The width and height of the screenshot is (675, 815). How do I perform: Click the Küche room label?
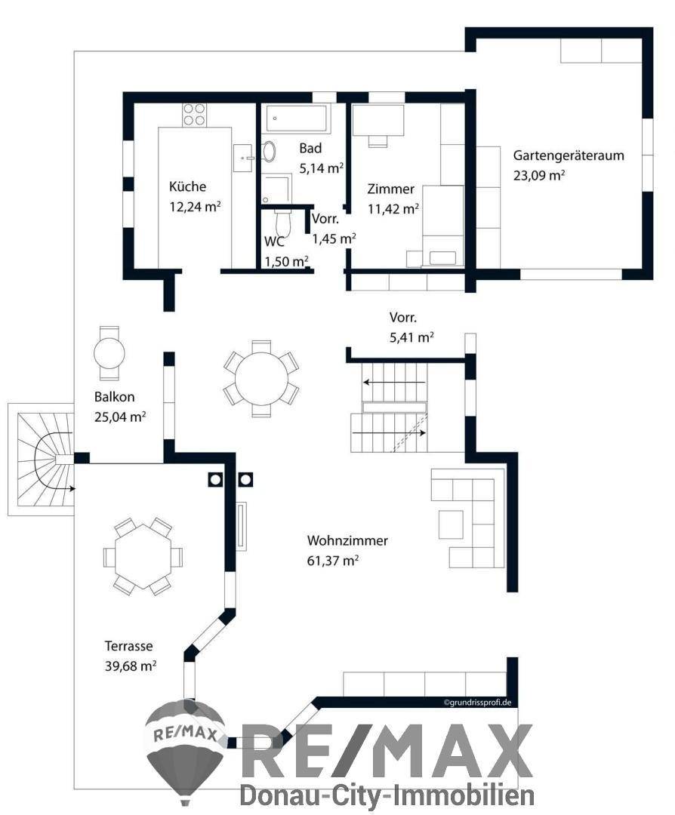[x=187, y=187]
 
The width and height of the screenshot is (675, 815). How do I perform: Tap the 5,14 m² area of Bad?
[x=322, y=168]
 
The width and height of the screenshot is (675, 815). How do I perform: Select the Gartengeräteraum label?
[x=569, y=156]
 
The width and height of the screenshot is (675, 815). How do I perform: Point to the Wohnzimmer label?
[x=347, y=541]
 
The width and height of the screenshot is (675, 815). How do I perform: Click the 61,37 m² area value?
[x=332, y=560]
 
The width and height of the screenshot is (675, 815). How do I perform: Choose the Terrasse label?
[x=129, y=647]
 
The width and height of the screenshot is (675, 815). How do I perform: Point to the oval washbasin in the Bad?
[x=269, y=153]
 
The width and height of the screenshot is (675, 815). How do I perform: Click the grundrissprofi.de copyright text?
[x=478, y=703]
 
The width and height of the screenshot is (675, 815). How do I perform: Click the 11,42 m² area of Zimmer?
[x=393, y=208]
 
